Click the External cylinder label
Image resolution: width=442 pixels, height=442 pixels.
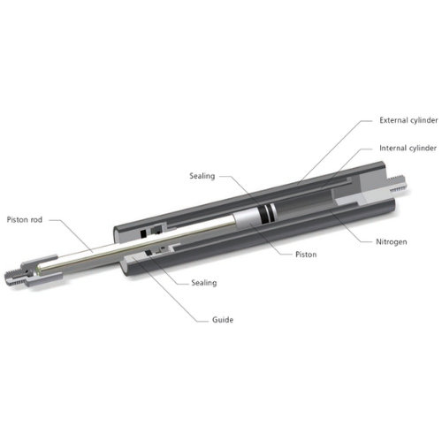click(x=408, y=120)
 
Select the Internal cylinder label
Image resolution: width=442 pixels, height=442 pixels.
click(x=408, y=148)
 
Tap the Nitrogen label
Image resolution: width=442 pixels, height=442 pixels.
click(x=392, y=242)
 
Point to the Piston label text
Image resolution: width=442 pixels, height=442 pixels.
click(x=306, y=255)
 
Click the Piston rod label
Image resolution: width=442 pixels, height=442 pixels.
click(x=25, y=219)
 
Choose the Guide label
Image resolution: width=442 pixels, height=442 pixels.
click(x=223, y=320)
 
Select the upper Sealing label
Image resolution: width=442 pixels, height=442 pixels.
click(x=202, y=176)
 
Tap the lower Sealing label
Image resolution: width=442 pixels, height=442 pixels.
click(x=204, y=283)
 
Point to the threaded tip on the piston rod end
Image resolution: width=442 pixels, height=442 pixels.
click(x=11, y=278)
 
